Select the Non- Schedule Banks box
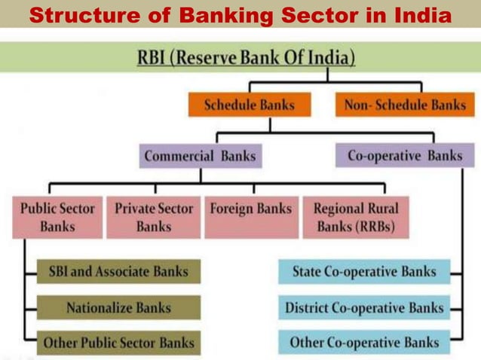tap(405, 105)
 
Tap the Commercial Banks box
tap(200, 157)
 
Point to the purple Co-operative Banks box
tap(405, 156)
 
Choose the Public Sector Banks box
tap(57, 217)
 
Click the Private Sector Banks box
tap(154, 217)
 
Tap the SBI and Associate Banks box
tap(118, 271)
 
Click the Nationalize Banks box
tap(118, 307)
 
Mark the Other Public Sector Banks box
tap(118, 343)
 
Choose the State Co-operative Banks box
tap(364, 271)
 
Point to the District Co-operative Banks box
tap(364, 307)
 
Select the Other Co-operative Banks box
tap(364, 343)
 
